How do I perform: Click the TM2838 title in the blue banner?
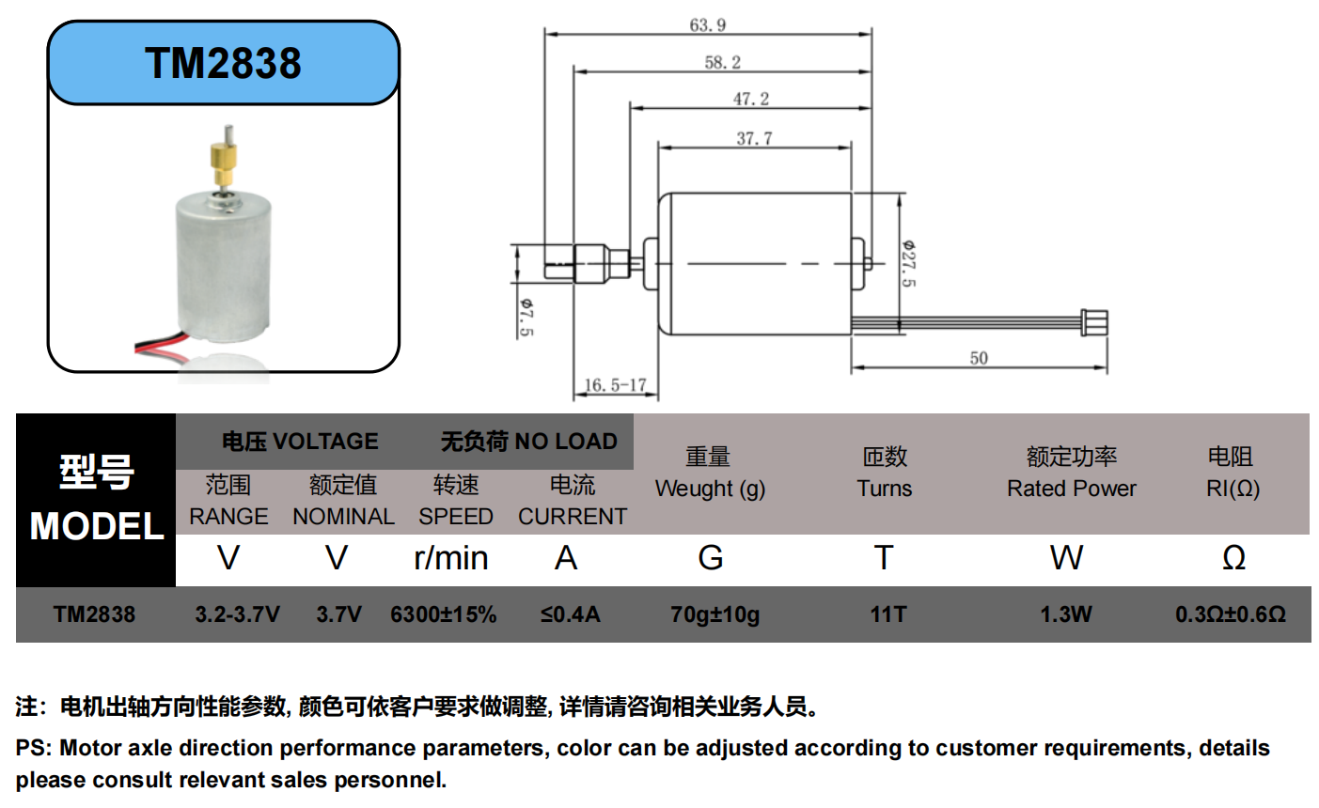223,63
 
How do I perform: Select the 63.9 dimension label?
708,24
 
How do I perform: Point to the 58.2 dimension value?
723,62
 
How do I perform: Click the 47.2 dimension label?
751,99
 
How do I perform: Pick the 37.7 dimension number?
754,138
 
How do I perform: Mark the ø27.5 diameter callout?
908,263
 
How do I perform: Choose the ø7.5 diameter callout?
526,317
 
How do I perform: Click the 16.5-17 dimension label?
616,385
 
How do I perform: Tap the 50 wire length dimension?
979,358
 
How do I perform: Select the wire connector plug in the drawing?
1095,322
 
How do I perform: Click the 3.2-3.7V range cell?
237,614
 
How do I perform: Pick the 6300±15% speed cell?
443,614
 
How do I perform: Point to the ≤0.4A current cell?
570,614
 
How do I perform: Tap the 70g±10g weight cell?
714,614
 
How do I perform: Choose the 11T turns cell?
887,614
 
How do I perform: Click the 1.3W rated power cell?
1065,614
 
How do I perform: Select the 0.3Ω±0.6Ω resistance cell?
1230,614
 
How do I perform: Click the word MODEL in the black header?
97,526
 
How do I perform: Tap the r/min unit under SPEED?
451,558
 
